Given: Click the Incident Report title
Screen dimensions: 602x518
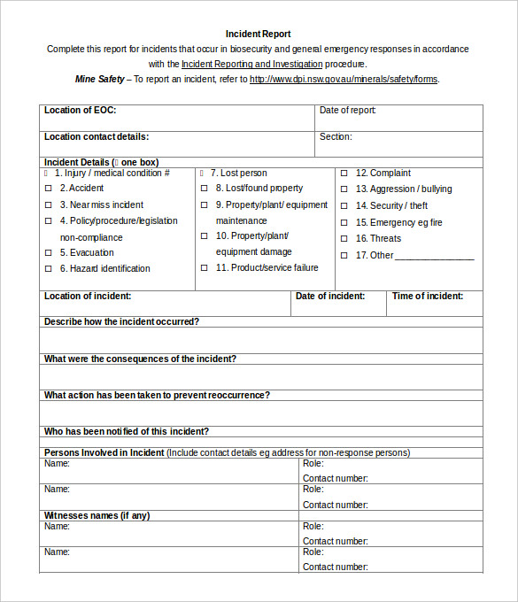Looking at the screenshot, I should (x=258, y=34).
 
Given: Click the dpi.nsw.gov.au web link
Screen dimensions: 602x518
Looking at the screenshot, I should (x=344, y=79).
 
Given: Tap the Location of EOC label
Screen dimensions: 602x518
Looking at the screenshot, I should (x=81, y=111).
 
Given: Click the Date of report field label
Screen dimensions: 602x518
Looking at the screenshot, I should (x=348, y=111).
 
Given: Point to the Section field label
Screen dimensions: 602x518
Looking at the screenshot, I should (x=336, y=137).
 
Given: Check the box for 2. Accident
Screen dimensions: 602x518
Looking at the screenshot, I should (x=49, y=189).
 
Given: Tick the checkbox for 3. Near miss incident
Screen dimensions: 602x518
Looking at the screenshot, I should (x=49, y=205).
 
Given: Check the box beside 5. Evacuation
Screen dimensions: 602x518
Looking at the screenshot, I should (x=49, y=253).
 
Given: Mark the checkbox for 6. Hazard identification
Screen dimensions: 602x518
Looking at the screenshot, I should (x=49, y=269).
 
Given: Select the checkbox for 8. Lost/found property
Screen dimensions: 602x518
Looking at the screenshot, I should (x=205, y=189).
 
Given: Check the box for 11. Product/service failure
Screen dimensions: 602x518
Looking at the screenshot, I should (x=205, y=268).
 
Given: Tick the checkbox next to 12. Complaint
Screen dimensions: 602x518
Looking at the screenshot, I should (x=344, y=174).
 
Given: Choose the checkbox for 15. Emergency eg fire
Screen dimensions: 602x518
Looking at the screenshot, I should (x=344, y=223).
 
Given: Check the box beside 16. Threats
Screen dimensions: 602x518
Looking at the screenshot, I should (x=344, y=239).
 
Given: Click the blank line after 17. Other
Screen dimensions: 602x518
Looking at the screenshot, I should (x=435, y=257).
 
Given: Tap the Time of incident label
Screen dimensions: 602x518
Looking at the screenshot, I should (x=427, y=297).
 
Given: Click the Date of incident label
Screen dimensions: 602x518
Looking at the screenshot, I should (x=330, y=297).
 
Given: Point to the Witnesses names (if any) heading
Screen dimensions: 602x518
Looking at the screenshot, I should (x=97, y=515).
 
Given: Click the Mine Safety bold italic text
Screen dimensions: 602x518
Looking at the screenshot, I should (x=100, y=79).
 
